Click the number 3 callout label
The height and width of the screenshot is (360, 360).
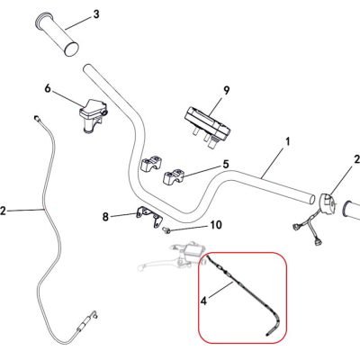coord(96,14)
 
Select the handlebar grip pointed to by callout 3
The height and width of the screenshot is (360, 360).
coord(58,34)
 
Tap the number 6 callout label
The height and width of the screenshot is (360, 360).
coord(48,88)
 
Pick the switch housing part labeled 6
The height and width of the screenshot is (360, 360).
coord(92,116)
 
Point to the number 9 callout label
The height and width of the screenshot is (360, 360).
coord(226,91)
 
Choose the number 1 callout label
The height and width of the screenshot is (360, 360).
coord(287,141)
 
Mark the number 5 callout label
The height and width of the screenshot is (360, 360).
coord(226,164)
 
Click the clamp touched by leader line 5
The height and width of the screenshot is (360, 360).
coord(174,176)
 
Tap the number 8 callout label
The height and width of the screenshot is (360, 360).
coord(105,217)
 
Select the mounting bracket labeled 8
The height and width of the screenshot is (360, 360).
coord(149,217)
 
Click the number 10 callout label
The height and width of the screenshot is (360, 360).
coord(216,225)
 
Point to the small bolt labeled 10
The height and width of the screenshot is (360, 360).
coord(166,230)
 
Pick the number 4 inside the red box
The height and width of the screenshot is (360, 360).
coord(204,301)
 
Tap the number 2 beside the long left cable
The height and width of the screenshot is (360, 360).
coord(3,211)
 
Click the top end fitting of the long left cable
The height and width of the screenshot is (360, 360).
coord(37,118)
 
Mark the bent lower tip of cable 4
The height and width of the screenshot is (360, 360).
coord(268,333)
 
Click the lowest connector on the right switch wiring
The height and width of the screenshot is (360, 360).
coord(318,241)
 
